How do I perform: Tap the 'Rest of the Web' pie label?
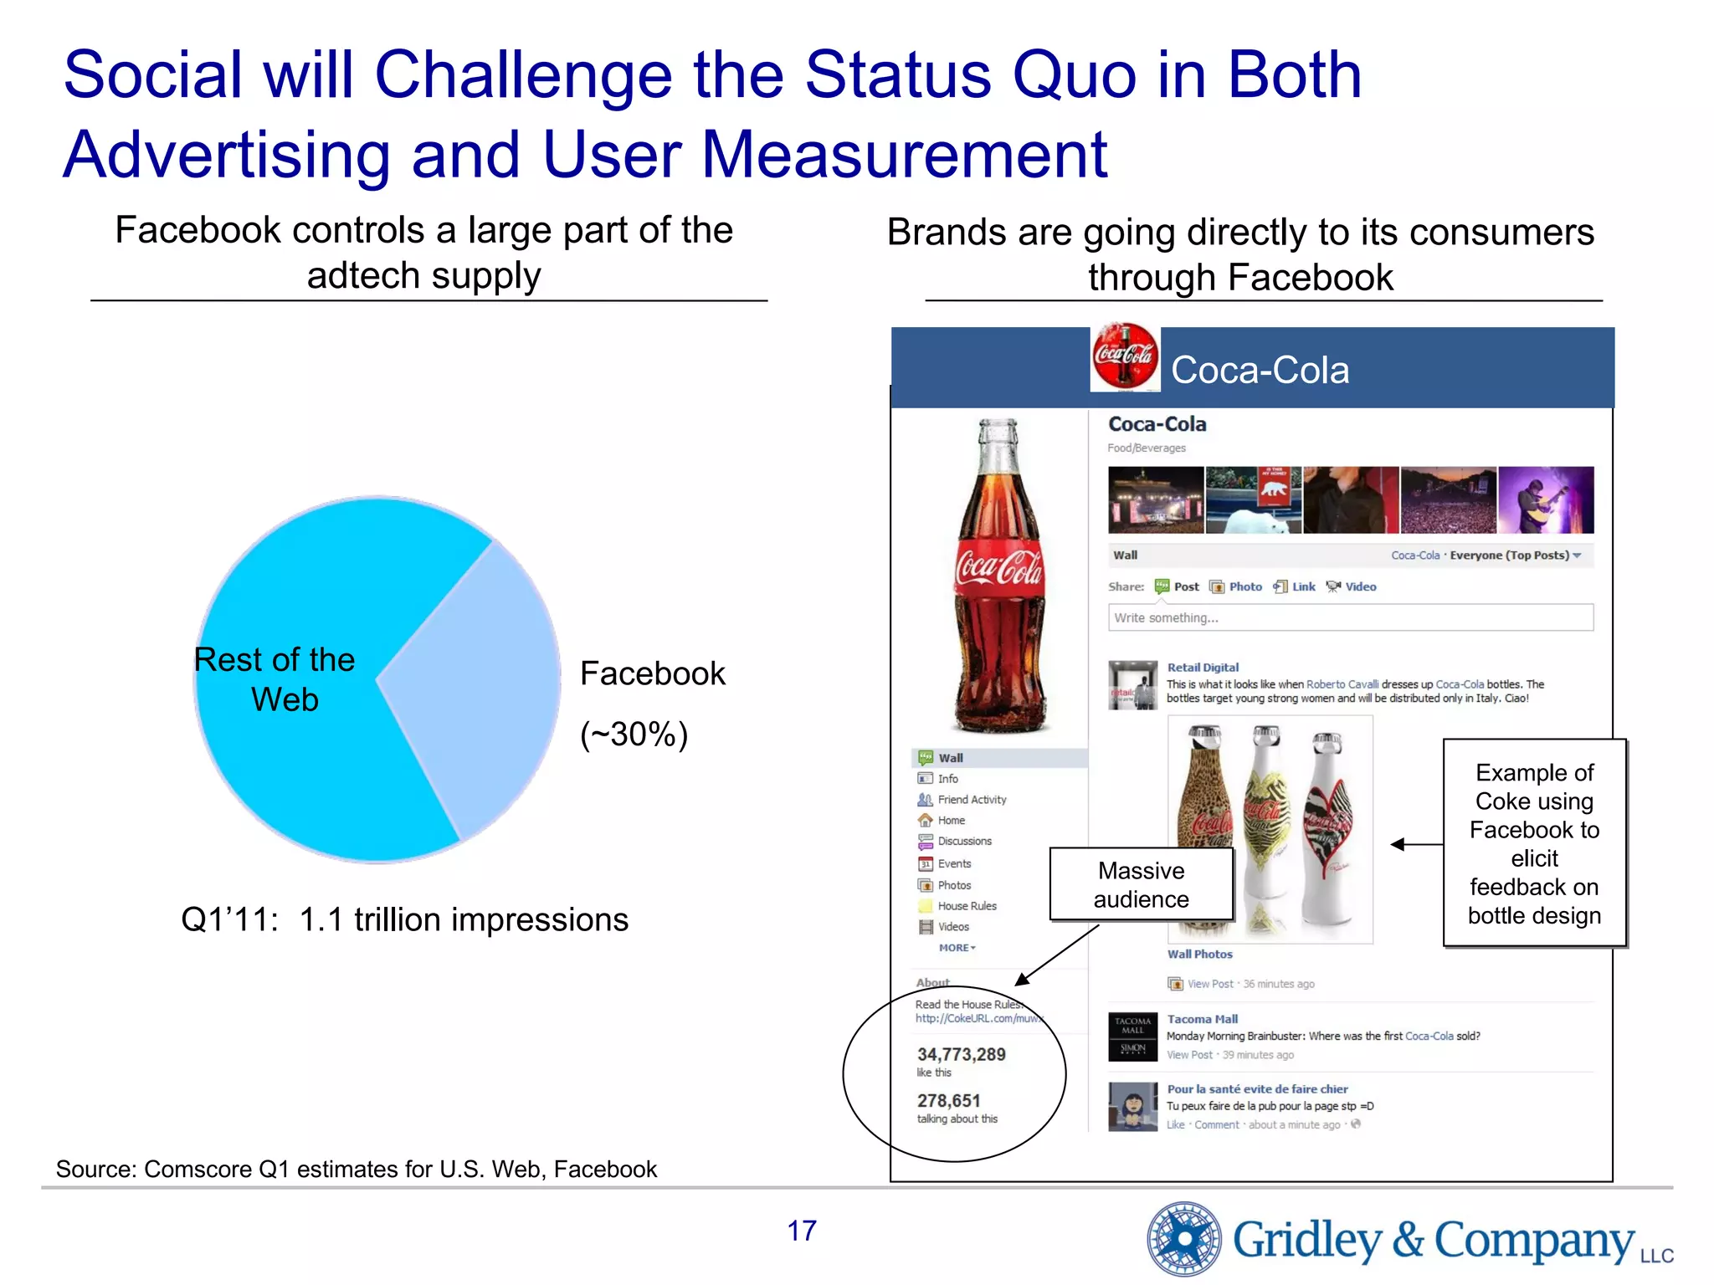[275, 679]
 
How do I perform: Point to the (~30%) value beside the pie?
[634, 735]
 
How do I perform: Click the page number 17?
[801, 1231]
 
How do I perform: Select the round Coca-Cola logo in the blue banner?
[1125, 356]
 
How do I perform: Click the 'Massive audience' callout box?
[1141, 885]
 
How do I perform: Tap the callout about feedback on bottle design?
[1534, 843]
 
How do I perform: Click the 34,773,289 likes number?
[961, 1054]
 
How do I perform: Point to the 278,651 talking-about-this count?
[948, 1101]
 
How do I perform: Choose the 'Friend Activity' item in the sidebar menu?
[972, 800]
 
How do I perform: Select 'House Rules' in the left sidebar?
[967, 906]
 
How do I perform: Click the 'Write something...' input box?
[1350, 617]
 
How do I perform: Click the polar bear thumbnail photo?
[1253, 500]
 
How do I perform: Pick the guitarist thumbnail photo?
[1546, 500]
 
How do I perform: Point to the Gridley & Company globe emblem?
[1184, 1239]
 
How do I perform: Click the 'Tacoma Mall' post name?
[1202, 1019]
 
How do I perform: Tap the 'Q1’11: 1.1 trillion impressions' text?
[404, 919]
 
